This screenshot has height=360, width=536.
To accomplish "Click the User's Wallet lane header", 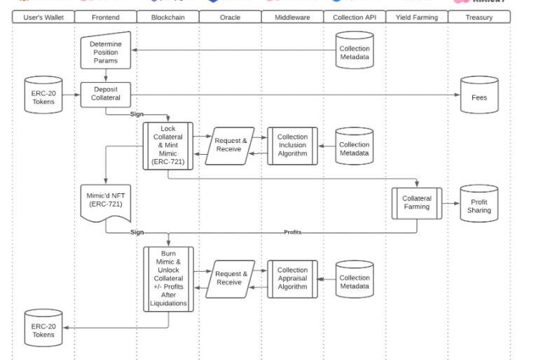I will pos(43,17).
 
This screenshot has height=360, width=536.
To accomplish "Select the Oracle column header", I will pos(230,17).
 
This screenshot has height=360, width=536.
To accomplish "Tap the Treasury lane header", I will pos(479,17).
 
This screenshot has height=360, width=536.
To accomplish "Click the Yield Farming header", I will pos(417,17).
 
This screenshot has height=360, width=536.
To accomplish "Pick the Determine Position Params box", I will pos(105,53).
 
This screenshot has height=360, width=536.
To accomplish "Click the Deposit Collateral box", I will pos(105,94).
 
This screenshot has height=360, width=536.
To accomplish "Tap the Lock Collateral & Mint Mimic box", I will pos(168,145).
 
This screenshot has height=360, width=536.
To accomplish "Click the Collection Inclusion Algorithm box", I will pos(292,145).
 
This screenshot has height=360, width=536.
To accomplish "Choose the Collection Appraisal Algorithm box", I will pos(292,278).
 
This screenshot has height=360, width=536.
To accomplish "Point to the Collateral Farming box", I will pos(417,202).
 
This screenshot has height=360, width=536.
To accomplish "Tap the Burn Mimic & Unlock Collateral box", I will pos(168,278).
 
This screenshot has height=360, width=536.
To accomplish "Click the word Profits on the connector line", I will pos(292,233).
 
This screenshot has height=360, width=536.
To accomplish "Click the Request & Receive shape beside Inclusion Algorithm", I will pos(229,145).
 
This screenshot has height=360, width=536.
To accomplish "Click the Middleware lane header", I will pos(292,17).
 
